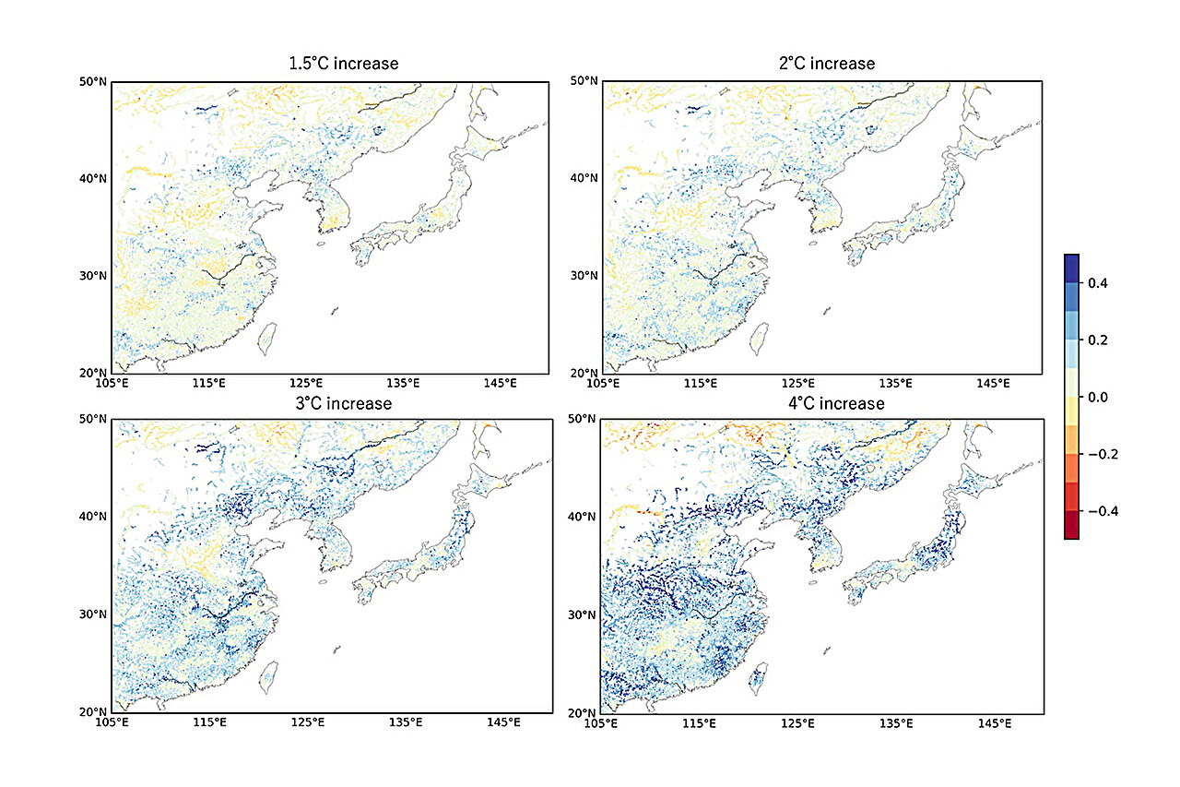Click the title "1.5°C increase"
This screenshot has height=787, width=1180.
coord(343,64)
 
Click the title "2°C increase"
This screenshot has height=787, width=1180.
coord(826,64)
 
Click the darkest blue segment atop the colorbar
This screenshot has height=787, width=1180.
coord(1070,268)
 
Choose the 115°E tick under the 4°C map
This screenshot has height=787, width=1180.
coord(699,721)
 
